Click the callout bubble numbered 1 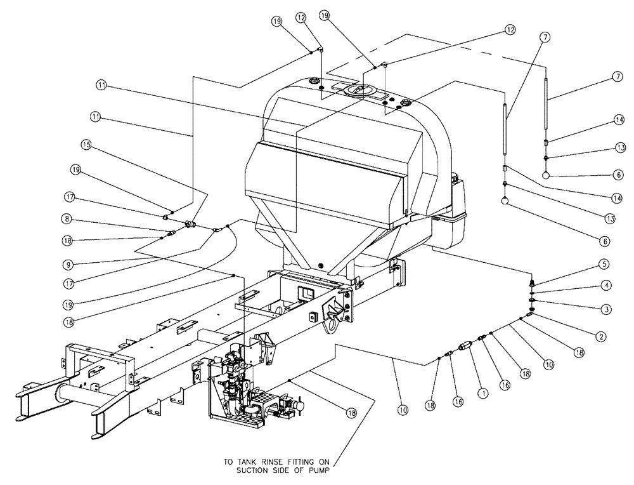484,394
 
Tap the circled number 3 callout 607,309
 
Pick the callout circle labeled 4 607,286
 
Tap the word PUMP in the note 333,471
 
